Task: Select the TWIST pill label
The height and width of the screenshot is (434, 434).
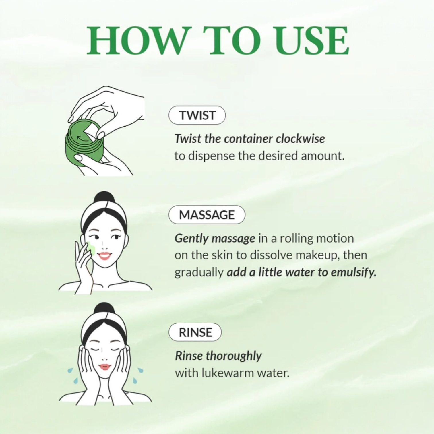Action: tap(197, 115)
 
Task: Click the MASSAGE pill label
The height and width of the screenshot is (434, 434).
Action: tap(207, 215)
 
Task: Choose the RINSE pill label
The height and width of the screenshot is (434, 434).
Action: tap(195, 332)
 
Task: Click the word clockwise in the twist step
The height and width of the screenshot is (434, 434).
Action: tap(300, 139)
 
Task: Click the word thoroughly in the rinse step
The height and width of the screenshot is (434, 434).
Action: tap(234, 356)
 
